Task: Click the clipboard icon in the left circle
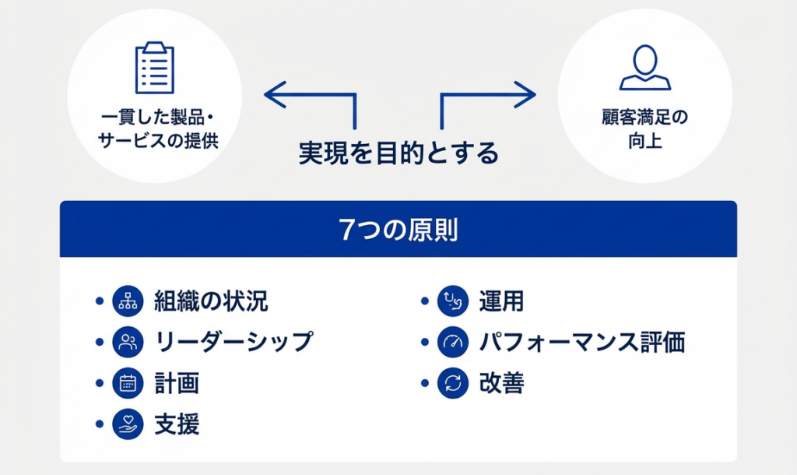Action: (154, 68)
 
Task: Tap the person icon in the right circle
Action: (644, 69)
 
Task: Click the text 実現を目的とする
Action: (398, 153)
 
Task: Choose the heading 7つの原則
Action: (398, 230)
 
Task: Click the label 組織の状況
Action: (212, 301)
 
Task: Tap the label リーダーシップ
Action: (233, 342)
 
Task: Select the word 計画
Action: (177, 383)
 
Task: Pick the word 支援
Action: (177, 424)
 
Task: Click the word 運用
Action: (501, 301)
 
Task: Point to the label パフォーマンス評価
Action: (581, 342)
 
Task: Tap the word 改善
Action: (501, 383)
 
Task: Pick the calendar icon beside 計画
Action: (128, 383)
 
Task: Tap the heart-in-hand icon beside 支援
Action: (128, 424)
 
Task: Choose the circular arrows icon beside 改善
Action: (452, 383)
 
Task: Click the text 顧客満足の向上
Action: (644, 130)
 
